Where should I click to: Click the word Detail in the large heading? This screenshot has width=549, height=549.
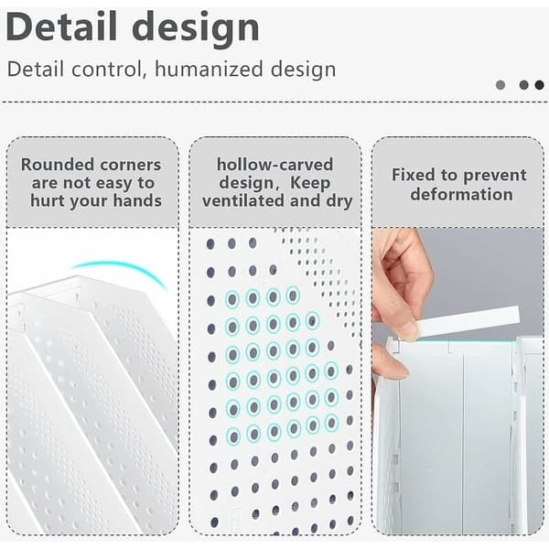tap(61, 27)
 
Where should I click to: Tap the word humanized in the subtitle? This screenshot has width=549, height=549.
tap(209, 69)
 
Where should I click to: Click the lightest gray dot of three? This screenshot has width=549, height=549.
tap(501, 85)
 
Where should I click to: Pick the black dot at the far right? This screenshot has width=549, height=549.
tap(539, 85)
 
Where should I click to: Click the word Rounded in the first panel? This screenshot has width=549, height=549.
tap(58, 165)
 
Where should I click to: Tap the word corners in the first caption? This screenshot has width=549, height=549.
tap(131, 166)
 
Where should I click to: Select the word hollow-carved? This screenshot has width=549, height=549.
tap(274, 165)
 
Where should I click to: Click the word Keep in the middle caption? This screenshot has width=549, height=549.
tap(310, 183)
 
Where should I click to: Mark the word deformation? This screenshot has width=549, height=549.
tap(461, 194)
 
